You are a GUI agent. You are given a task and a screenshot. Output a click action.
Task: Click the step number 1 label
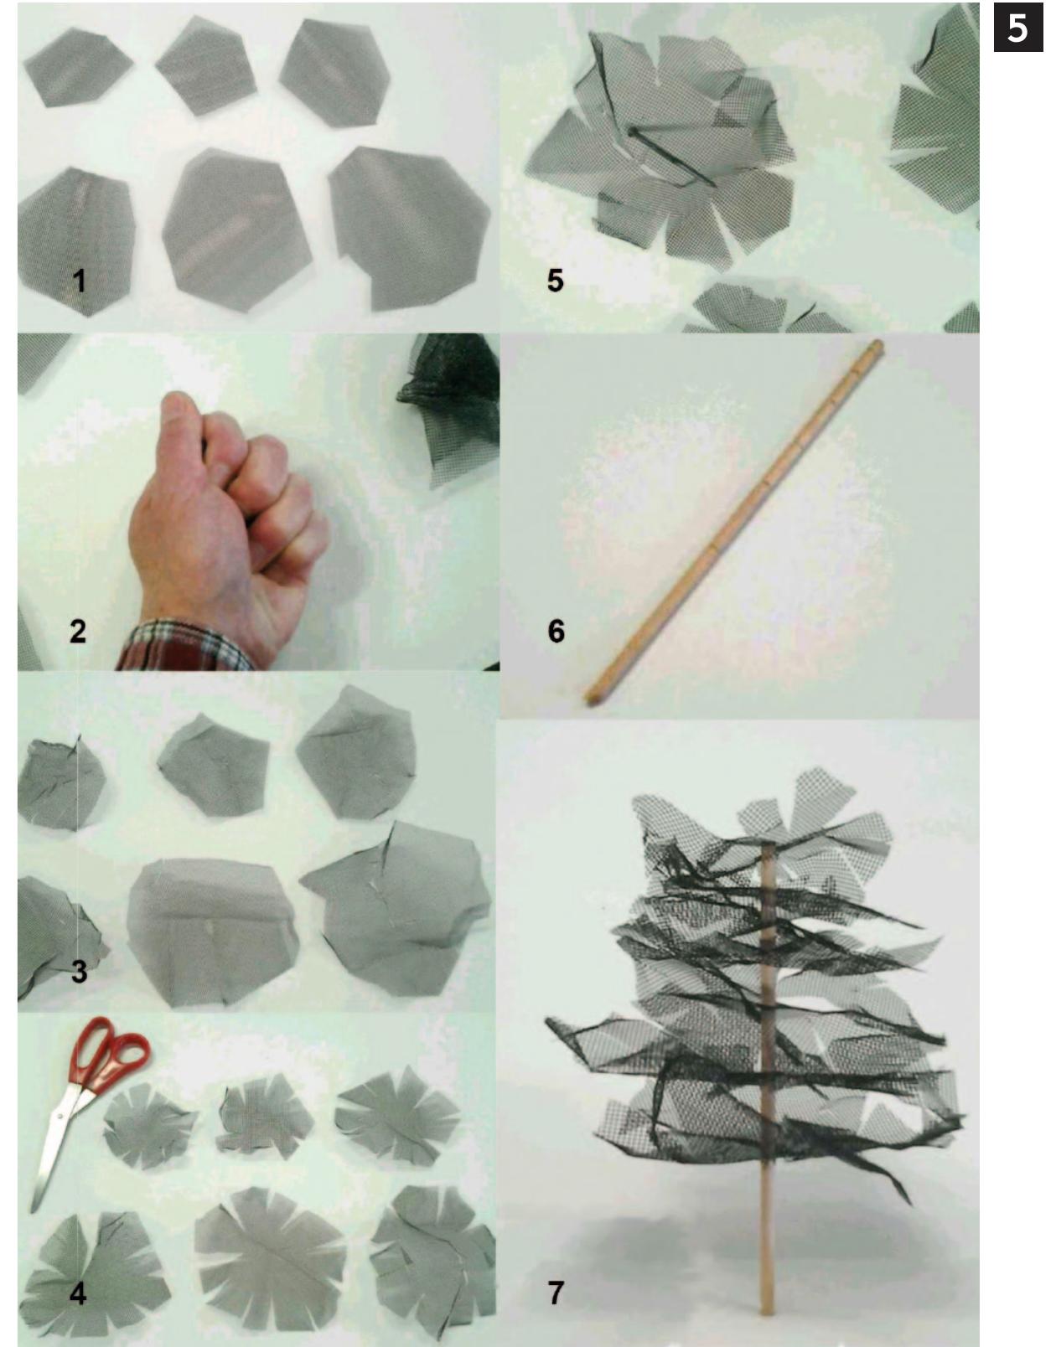point(79,281)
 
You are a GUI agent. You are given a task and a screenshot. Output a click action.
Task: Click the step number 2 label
point(78,631)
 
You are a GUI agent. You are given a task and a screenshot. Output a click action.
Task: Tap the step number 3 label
point(79,972)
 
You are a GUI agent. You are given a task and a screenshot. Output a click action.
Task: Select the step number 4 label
point(78,1293)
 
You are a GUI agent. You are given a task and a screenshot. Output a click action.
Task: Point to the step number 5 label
point(555,281)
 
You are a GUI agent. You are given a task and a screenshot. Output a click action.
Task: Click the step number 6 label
point(556,631)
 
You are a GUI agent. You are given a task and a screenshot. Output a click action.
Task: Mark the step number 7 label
point(556,1293)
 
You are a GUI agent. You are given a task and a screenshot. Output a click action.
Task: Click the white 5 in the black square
point(1017,28)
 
